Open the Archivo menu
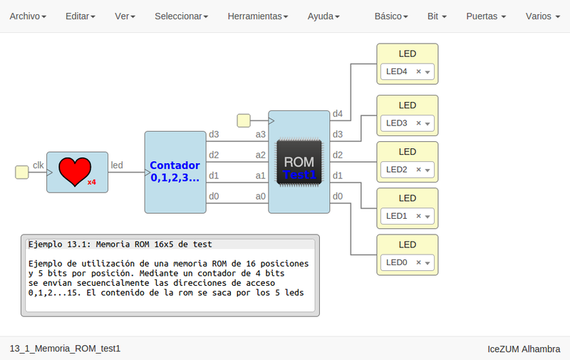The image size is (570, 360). click(28, 16)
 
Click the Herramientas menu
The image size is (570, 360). click(258, 16)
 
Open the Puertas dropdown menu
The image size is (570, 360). click(486, 16)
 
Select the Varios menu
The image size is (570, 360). click(541, 16)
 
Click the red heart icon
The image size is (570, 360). click(75, 172)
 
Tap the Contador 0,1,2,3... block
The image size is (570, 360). click(175, 172)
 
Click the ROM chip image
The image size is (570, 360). click(299, 162)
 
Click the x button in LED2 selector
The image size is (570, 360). click(419, 170)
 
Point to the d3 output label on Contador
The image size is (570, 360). click(214, 134)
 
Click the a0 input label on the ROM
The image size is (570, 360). click(261, 196)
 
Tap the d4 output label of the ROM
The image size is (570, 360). click(338, 114)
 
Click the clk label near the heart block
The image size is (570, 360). click(38, 165)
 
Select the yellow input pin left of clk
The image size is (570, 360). click(22, 172)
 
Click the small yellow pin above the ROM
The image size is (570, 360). click(244, 120)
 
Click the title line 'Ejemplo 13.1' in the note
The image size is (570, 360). click(120, 245)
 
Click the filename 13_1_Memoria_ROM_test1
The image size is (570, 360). click(65, 349)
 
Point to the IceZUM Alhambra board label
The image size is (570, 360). click(523, 349)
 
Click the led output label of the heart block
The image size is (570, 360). click(116, 165)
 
